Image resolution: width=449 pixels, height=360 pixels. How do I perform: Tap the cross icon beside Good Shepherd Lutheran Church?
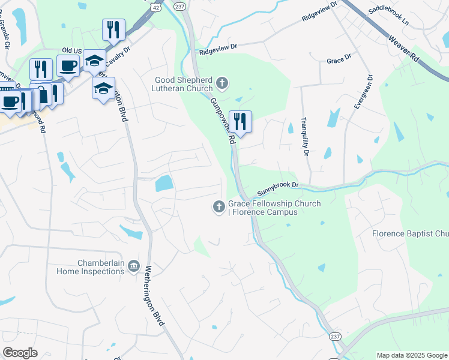coord(222,83)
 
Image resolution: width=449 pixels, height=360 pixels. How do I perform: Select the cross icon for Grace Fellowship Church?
coord(218,207)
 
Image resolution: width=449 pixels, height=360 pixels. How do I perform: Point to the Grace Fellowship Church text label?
coord(274,208)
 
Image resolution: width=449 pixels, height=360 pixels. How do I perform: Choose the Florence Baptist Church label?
coord(409,233)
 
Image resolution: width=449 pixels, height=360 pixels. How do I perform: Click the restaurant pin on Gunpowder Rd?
coord(240,122)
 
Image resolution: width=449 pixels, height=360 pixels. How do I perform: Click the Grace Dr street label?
coord(339,61)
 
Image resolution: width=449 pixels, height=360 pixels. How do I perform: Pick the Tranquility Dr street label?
coord(304,136)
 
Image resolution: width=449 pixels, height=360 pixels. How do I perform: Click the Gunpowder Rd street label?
coord(221,121)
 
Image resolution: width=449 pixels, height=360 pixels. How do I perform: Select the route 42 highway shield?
coord(156,7)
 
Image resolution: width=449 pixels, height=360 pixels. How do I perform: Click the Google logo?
coord(20,353)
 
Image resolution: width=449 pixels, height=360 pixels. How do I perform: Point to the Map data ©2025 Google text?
coord(411,355)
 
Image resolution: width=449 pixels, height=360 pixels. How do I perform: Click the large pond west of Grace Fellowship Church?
coord(164,183)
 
